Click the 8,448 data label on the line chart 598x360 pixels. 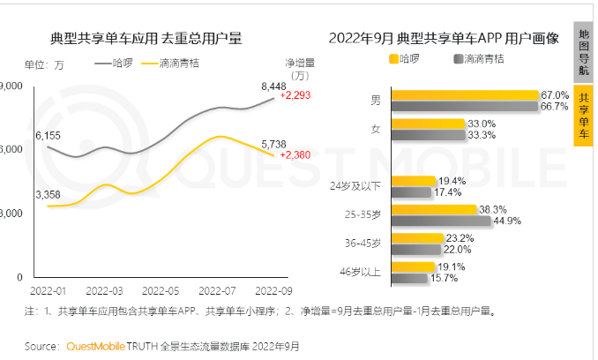tap(274, 86)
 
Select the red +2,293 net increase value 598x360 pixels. tap(295, 95)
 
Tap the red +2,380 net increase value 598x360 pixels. tap(295, 154)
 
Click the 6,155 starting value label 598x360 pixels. tap(49, 135)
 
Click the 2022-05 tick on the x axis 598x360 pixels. tap(161, 290)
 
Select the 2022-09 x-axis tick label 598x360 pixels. tap(273, 290)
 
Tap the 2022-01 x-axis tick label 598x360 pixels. tap(49, 290)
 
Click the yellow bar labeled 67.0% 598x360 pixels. tap(464, 94)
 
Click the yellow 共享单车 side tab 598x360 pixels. tap(584, 116)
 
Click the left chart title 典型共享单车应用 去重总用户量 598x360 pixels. tap(146, 39)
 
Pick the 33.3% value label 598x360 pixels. tap(482, 135)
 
